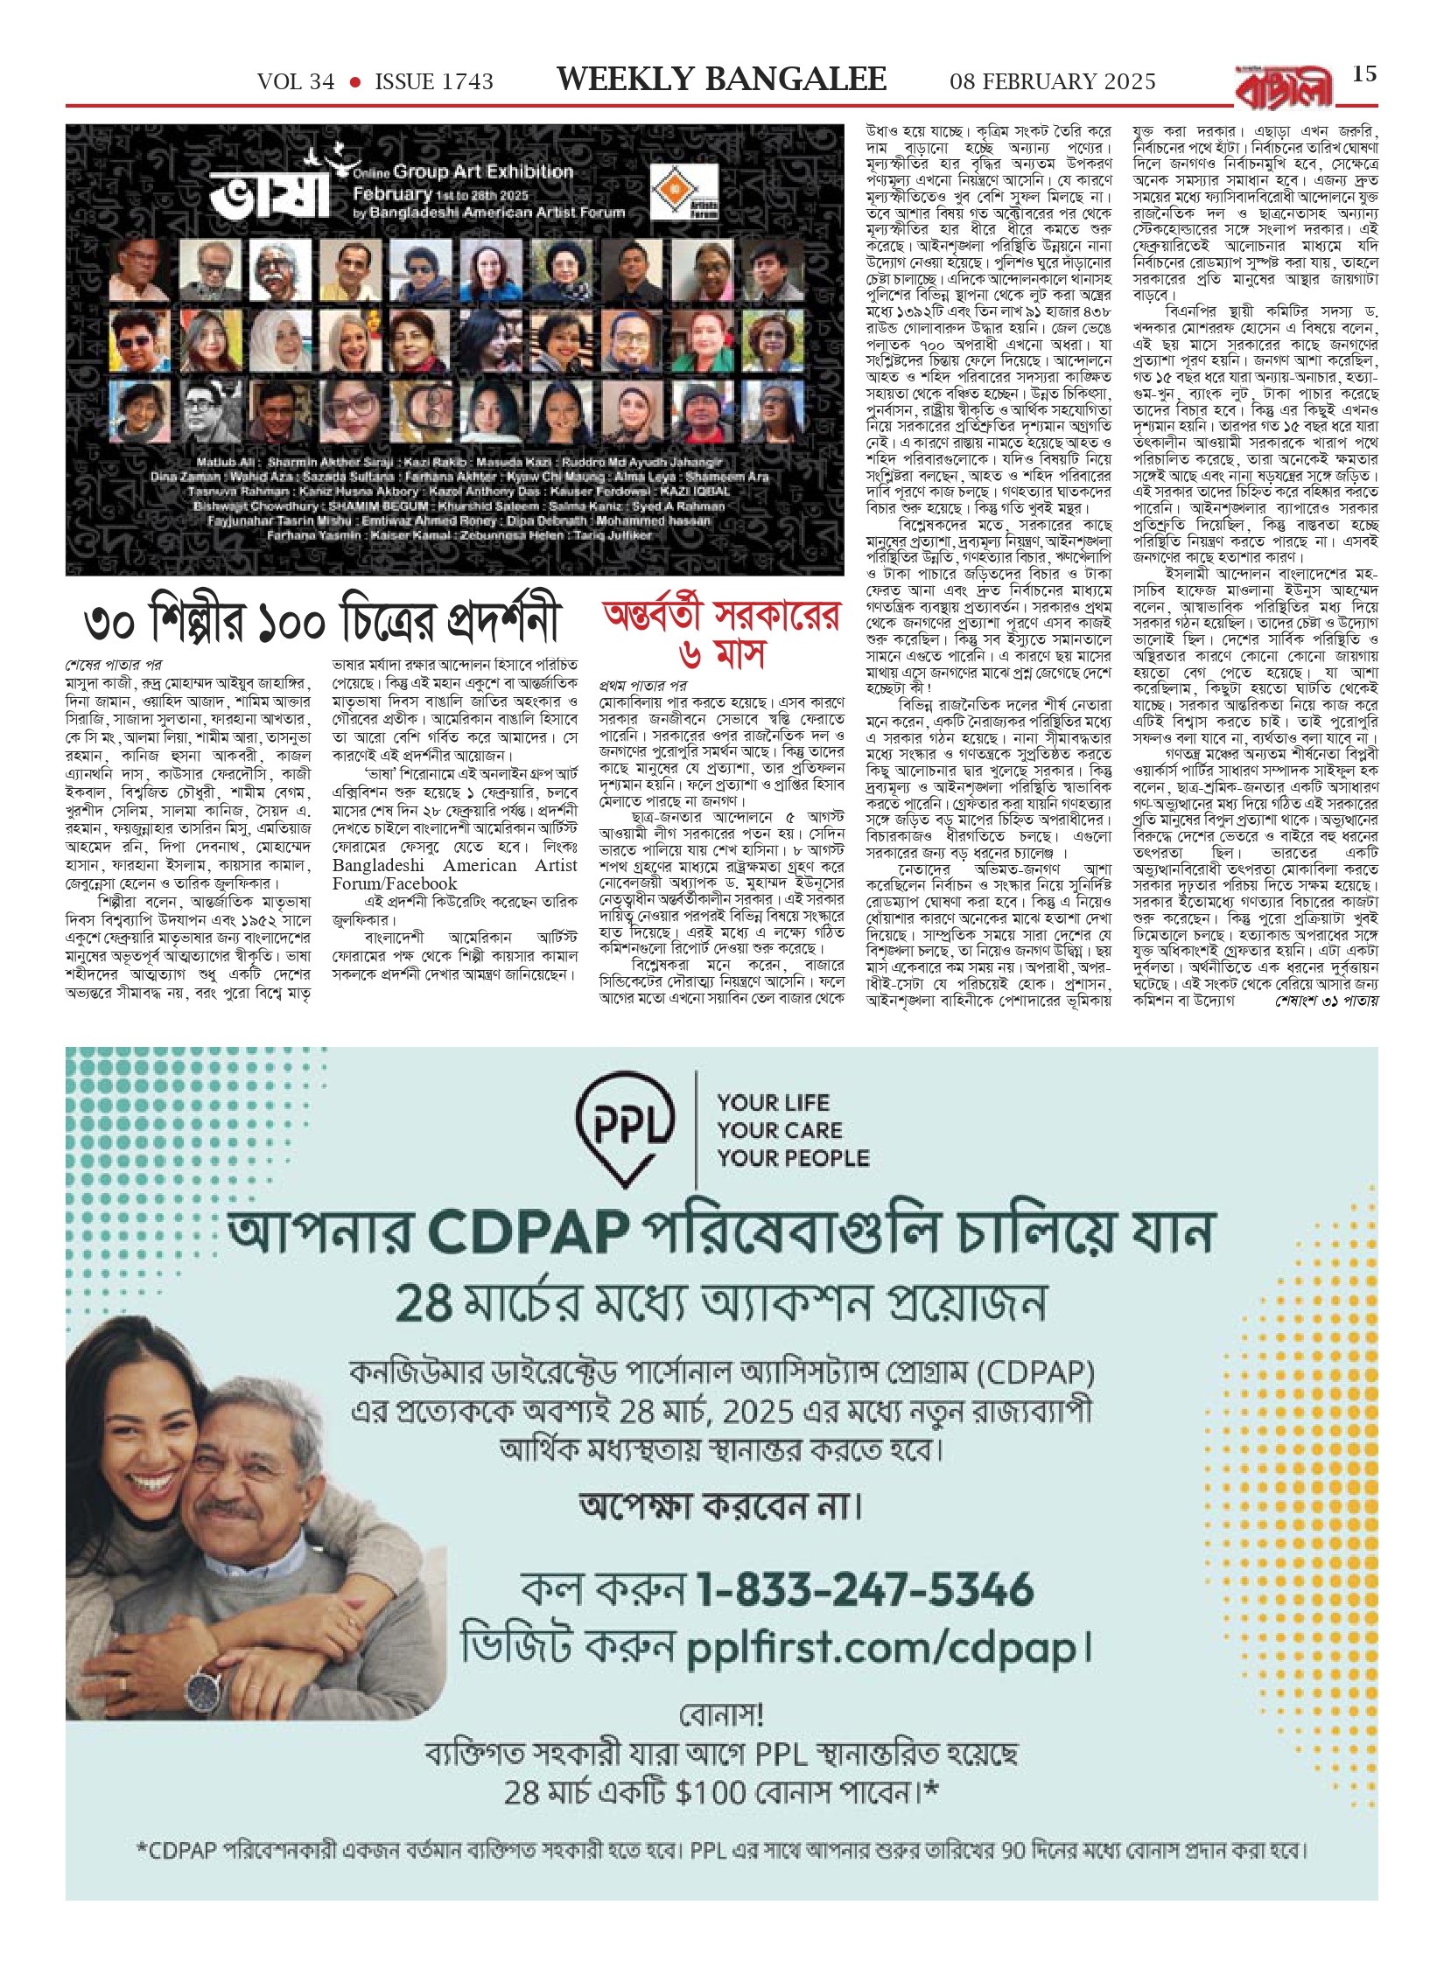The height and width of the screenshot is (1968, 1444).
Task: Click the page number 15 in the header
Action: click(1365, 74)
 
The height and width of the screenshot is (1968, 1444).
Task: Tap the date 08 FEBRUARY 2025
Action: click(1053, 82)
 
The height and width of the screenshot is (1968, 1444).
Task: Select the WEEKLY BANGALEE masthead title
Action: click(722, 80)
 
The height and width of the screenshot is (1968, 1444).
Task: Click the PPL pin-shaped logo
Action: click(624, 1128)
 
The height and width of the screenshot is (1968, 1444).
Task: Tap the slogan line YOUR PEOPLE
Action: click(793, 1158)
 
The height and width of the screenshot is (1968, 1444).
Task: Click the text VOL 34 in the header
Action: click(296, 82)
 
